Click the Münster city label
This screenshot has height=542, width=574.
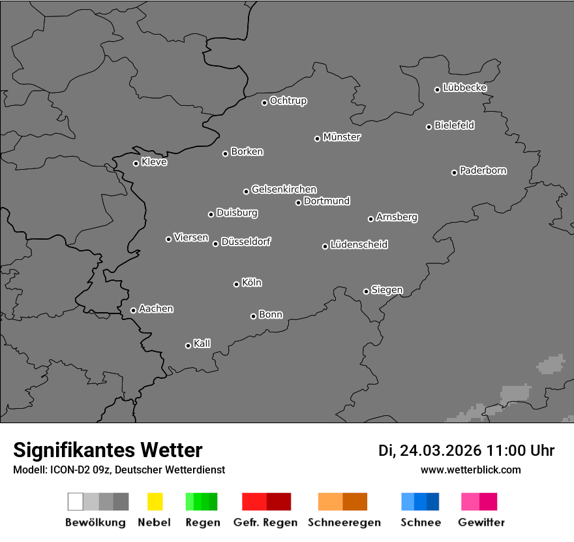(342, 137)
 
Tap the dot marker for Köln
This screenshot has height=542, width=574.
(236, 284)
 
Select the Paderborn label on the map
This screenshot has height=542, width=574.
(483, 170)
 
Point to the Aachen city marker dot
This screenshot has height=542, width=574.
(133, 310)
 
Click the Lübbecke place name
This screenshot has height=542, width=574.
(465, 88)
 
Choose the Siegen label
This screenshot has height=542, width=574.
(387, 290)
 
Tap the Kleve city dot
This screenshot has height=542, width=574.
(136, 163)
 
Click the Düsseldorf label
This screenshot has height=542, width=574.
(246, 242)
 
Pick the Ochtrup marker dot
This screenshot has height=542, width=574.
(264, 103)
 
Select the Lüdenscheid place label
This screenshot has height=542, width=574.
(359, 245)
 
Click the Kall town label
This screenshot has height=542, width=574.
(202, 343)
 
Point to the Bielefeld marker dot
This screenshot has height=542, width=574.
(429, 127)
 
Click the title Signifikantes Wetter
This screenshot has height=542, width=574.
(108, 450)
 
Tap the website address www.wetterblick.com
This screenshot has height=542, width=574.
(471, 470)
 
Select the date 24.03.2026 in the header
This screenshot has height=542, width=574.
(440, 451)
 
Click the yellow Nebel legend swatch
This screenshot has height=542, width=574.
(155, 502)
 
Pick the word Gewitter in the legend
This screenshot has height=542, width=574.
(481, 522)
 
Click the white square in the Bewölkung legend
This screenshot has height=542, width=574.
(76, 502)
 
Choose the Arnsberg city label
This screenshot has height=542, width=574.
(397, 217)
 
